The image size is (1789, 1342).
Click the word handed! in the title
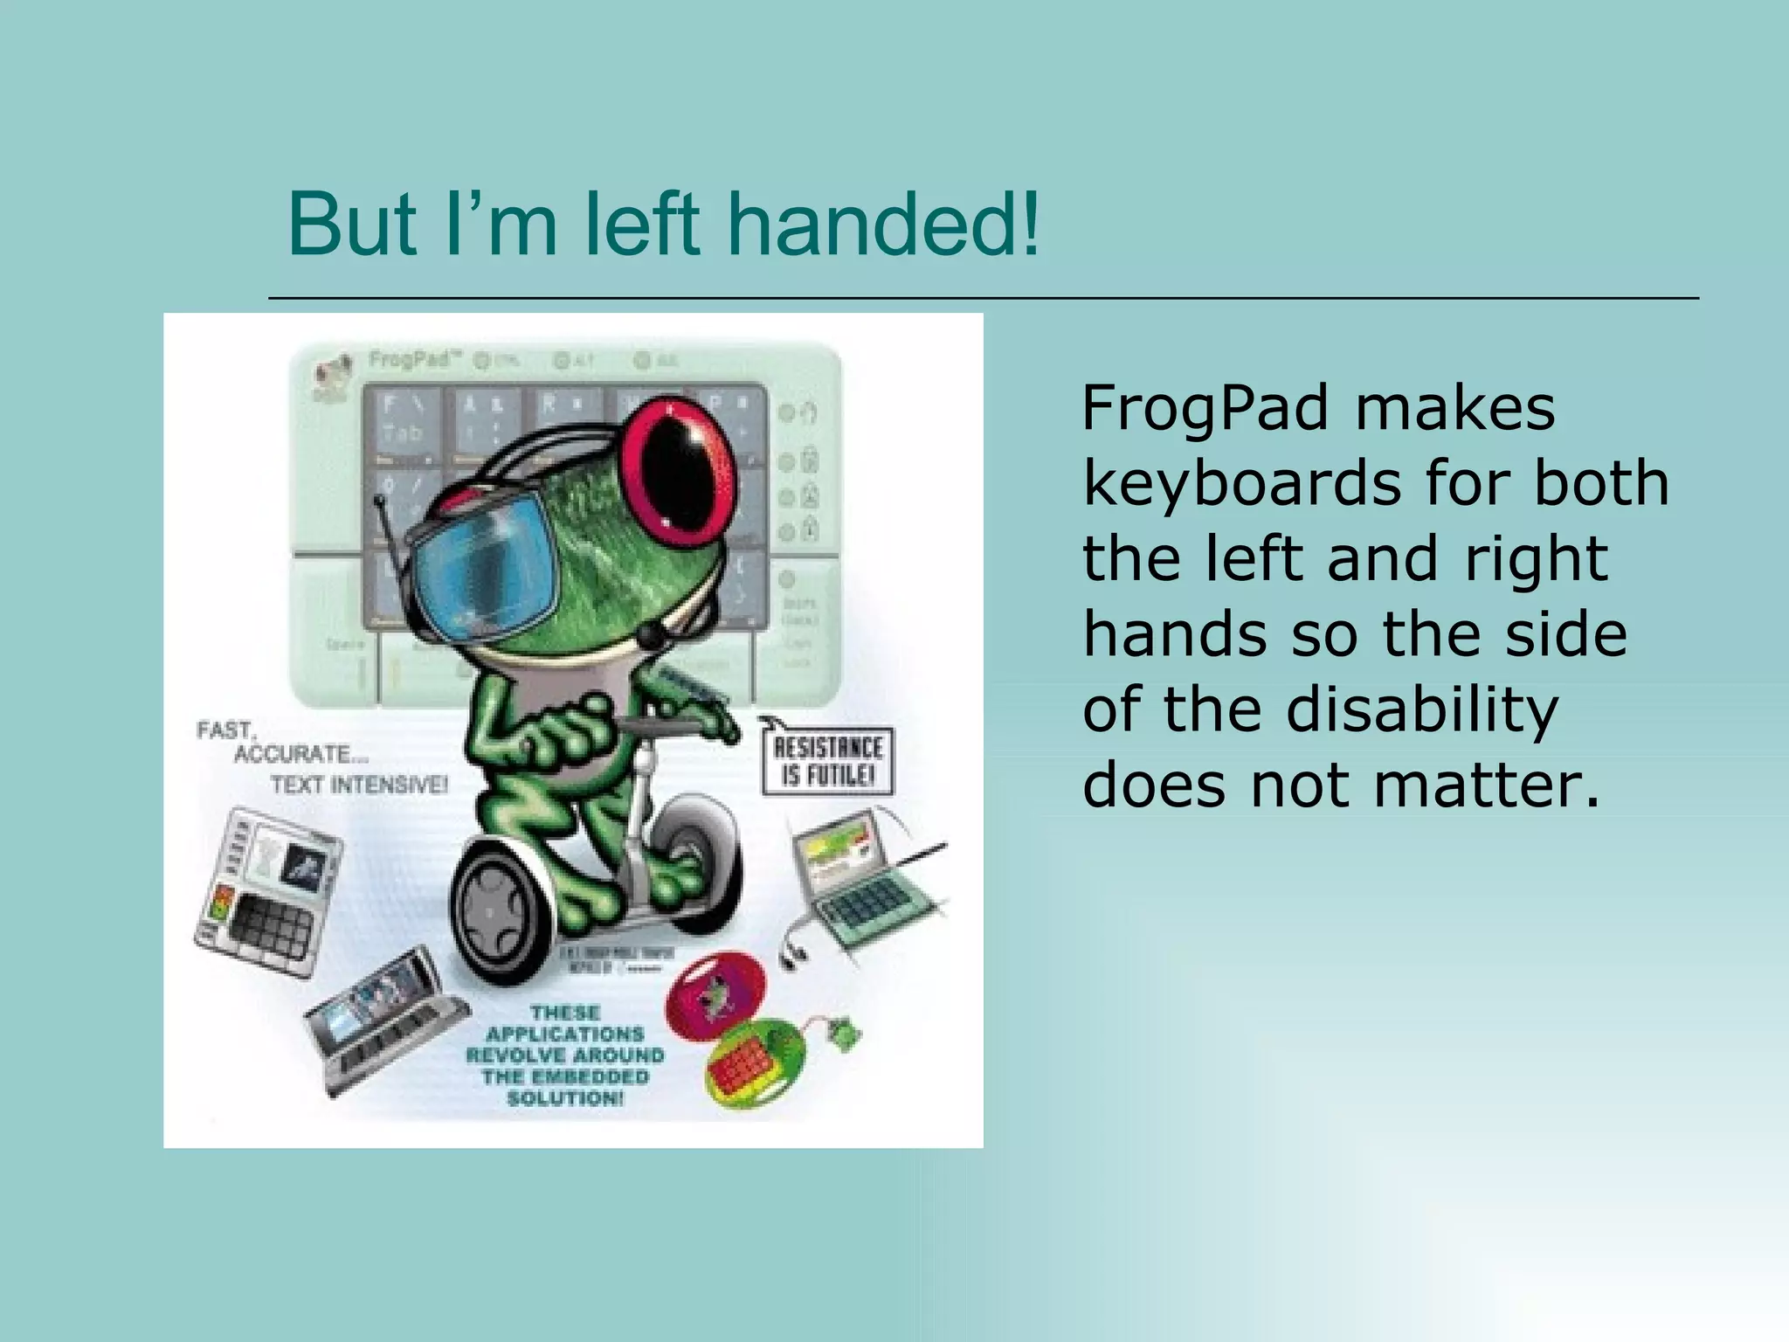[884, 225]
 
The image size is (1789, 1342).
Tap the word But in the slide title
[353, 225]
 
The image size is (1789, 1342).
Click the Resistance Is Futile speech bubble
[827, 760]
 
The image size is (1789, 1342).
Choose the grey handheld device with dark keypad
[266, 891]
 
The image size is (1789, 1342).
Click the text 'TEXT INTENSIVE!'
[359, 785]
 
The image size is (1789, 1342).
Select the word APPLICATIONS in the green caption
[565, 1034]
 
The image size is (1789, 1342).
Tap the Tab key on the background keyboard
[401, 432]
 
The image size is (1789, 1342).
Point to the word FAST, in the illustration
[225, 730]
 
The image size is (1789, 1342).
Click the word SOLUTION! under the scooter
[565, 1097]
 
